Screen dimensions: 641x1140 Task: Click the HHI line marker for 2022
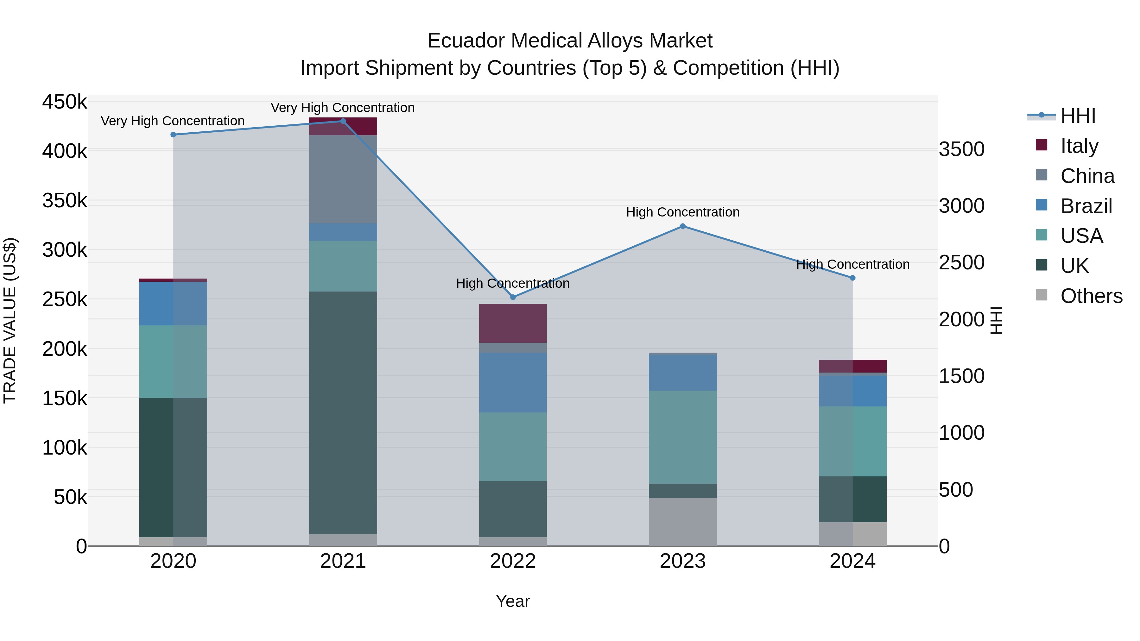coord(513,297)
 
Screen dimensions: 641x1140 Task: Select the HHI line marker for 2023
coord(682,226)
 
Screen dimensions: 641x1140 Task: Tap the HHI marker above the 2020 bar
coord(173,135)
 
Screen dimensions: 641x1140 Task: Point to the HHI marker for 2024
coord(852,278)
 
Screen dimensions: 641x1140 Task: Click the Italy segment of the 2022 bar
coord(513,324)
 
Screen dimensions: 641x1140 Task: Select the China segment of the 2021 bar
coord(343,179)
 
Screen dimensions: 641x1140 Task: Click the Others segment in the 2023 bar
coord(682,522)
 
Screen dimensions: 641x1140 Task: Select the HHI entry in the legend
coord(1077,116)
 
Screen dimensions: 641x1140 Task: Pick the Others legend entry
coord(1091,296)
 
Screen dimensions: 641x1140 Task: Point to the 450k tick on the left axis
coord(65,102)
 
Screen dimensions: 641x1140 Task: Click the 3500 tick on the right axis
coord(961,149)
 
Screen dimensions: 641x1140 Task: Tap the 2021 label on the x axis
coord(343,561)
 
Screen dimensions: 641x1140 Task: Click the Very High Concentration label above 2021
coord(343,108)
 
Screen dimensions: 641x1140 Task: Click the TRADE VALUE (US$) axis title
coord(10,320)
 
